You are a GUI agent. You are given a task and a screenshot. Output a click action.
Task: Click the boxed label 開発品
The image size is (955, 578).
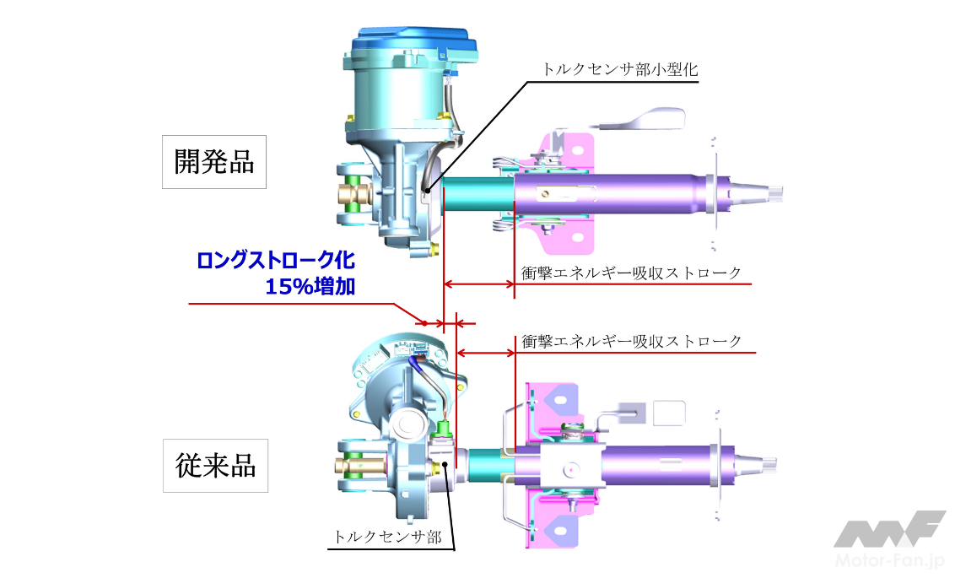point(213,162)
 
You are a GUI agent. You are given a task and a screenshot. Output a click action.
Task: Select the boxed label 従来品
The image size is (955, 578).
point(215,465)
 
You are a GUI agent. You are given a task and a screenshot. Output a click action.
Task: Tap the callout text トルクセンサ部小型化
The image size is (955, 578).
point(620,69)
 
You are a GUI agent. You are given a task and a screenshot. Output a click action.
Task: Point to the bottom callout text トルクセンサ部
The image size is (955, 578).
point(387,537)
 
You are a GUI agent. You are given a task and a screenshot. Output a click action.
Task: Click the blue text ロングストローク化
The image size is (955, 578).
point(275,260)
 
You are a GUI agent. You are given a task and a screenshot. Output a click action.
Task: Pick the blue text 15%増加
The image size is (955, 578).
point(310,286)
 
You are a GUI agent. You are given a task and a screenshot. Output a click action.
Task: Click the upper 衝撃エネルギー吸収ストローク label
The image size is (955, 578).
point(631,273)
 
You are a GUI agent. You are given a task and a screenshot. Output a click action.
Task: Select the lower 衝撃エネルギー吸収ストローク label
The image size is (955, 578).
point(631,340)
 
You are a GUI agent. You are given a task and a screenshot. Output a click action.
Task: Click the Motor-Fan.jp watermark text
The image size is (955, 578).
point(888,560)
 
